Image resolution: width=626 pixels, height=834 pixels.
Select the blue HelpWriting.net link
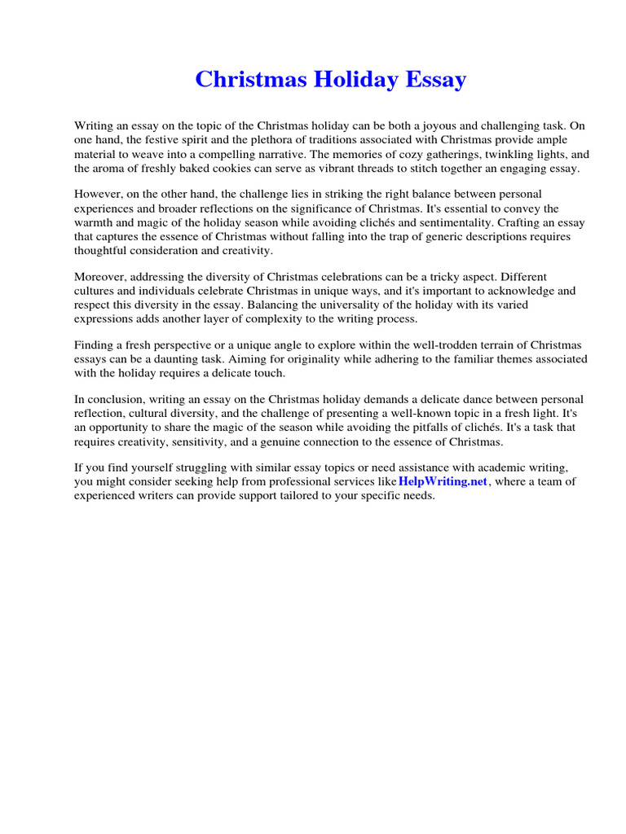[x=443, y=481]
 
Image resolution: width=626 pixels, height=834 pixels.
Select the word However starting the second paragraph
[x=99, y=195]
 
